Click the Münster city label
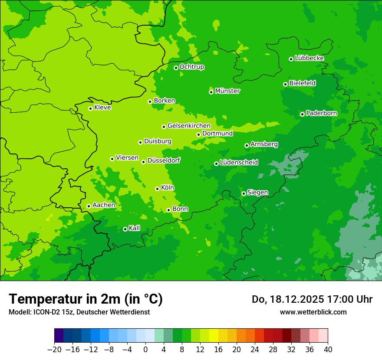pyautogui.click(x=227, y=91)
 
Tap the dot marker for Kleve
pyautogui.click(x=90, y=108)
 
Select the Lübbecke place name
pyautogui.click(x=309, y=58)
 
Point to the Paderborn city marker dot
pyautogui.click(x=302, y=114)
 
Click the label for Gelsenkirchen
pyautogui.click(x=189, y=126)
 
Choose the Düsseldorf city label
pyautogui.click(x=164, y=160)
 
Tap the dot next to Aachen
pyautogui.click(x=89, y=206)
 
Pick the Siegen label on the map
pyautogui.click(x=257, y=193)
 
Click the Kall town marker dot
pyautogui.click(x=125, y=229)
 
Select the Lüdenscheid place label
pyautogui.click(x=239, y=163)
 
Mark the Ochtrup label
pyautogui.click(x=192, y=67)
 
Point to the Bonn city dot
pyautogui.click(x=168, y=210)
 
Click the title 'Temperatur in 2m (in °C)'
pyautogui.click(x=86, y=299)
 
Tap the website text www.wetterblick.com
pyautogui.click(x=313, y=312)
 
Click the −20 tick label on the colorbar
pyautogui.click(x=54, y=350)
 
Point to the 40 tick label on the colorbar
pyautogui.click(x=328, y=350)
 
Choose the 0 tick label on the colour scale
pyautogui.click(x=145, y=350)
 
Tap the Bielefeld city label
pyautogui.click(x=302, y=83)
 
